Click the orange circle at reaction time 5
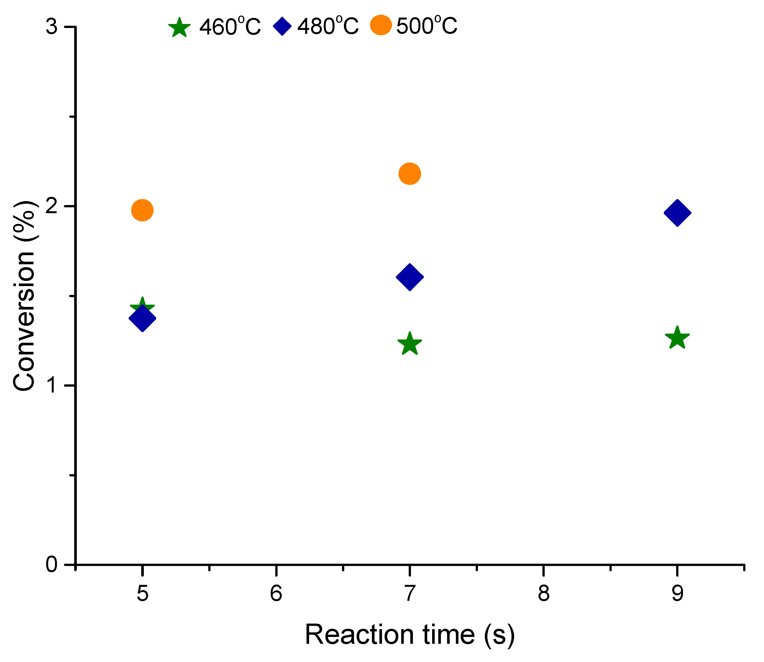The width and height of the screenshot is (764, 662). pos(142,210)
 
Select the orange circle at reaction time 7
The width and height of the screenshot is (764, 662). pos(410,173)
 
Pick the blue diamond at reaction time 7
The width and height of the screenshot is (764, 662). pos(410,277)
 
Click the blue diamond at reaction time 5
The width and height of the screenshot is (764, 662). pos(142,318)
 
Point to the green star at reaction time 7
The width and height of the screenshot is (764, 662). pos(410,344)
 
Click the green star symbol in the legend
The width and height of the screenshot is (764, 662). pos(180,27)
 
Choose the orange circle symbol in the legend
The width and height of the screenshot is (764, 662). pos(381,25)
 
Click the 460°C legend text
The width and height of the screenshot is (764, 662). pos(230,27)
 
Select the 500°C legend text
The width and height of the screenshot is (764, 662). pos(427,26)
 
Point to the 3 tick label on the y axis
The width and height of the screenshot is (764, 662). pos(52,27)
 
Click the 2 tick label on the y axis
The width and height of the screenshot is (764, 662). pos(52,206)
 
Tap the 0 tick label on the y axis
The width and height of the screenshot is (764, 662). pos(52,564)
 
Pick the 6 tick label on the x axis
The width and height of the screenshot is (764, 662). pos(276,594)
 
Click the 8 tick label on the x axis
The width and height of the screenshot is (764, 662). pos(543,594)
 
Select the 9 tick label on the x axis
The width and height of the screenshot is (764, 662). pos(677,594)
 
